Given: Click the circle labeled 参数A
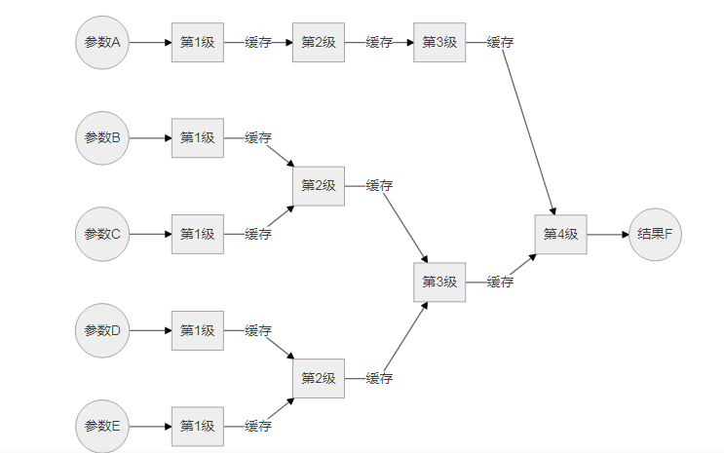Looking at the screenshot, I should coord(102,43).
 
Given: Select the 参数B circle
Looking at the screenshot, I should coord(102,138).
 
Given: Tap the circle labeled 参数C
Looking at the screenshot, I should coord(102,234).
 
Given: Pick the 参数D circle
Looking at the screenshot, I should coord(102,330).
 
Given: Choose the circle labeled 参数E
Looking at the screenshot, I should coord(102,426).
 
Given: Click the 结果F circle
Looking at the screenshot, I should coord(655,234).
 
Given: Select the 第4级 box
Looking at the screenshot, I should coord(560,234).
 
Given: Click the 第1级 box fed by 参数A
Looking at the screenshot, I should coord(198,43).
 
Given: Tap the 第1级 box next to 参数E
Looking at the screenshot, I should coord(198,426).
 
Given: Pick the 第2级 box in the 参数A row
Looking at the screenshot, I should coord(319,43).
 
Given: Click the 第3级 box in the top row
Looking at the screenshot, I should coord(439,43).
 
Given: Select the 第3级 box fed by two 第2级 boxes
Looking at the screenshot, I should coord(439,282).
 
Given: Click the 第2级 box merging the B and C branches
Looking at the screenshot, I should coord(319,186).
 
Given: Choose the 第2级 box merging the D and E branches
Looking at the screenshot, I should coord(319,378).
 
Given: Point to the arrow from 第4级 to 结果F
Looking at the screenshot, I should coord(608,234).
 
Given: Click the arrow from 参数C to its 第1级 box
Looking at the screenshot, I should coord(150,234).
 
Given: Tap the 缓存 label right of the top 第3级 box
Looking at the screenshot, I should coord(501,43).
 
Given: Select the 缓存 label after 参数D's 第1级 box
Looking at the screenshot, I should coord(258,330).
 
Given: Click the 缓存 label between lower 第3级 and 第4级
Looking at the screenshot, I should coord(501,282).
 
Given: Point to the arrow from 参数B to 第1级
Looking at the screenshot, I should coord(150,138).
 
